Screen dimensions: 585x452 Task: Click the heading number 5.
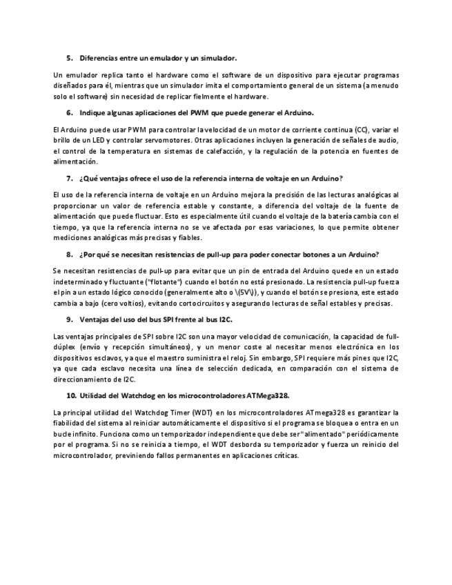pyautogui.click(x=69, y=59)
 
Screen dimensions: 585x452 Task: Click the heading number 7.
pyautogui.click(x=69, y=178)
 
